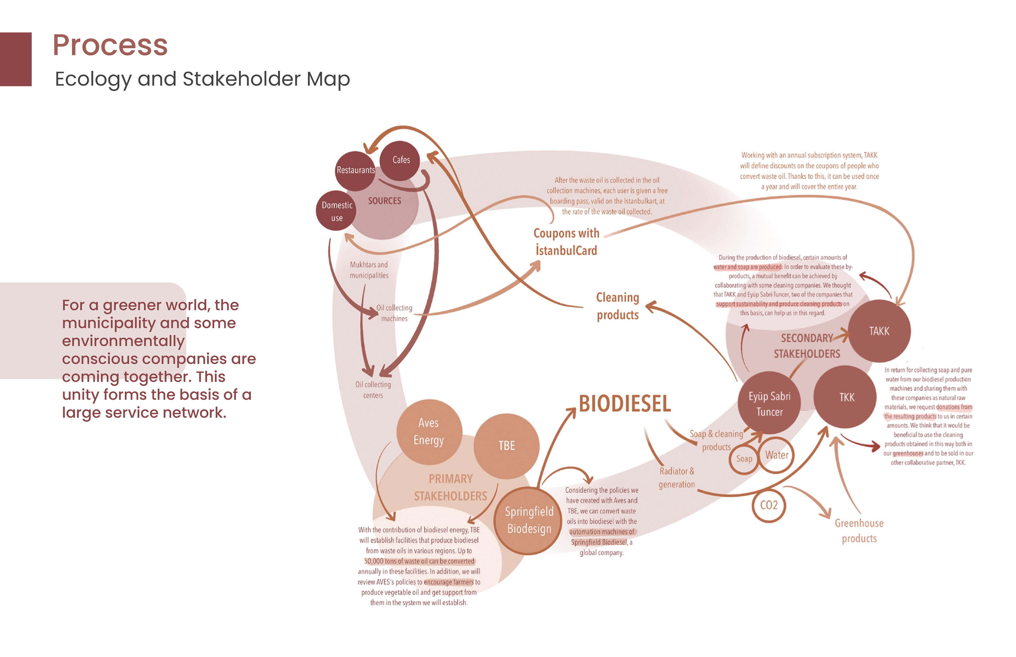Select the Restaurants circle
coord(355,171)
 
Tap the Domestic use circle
coord(336,211)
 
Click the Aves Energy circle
coord(429,431)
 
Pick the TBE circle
coord(507,446)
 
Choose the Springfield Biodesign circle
coord(528,521)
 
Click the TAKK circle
coord(879,331)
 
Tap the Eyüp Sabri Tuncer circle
coord(769,403)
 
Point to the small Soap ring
coord(744,459)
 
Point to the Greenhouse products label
coord(859,531)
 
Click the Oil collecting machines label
coord(394,313)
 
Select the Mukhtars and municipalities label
coord(369,270)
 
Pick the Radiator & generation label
coord(677,478)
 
